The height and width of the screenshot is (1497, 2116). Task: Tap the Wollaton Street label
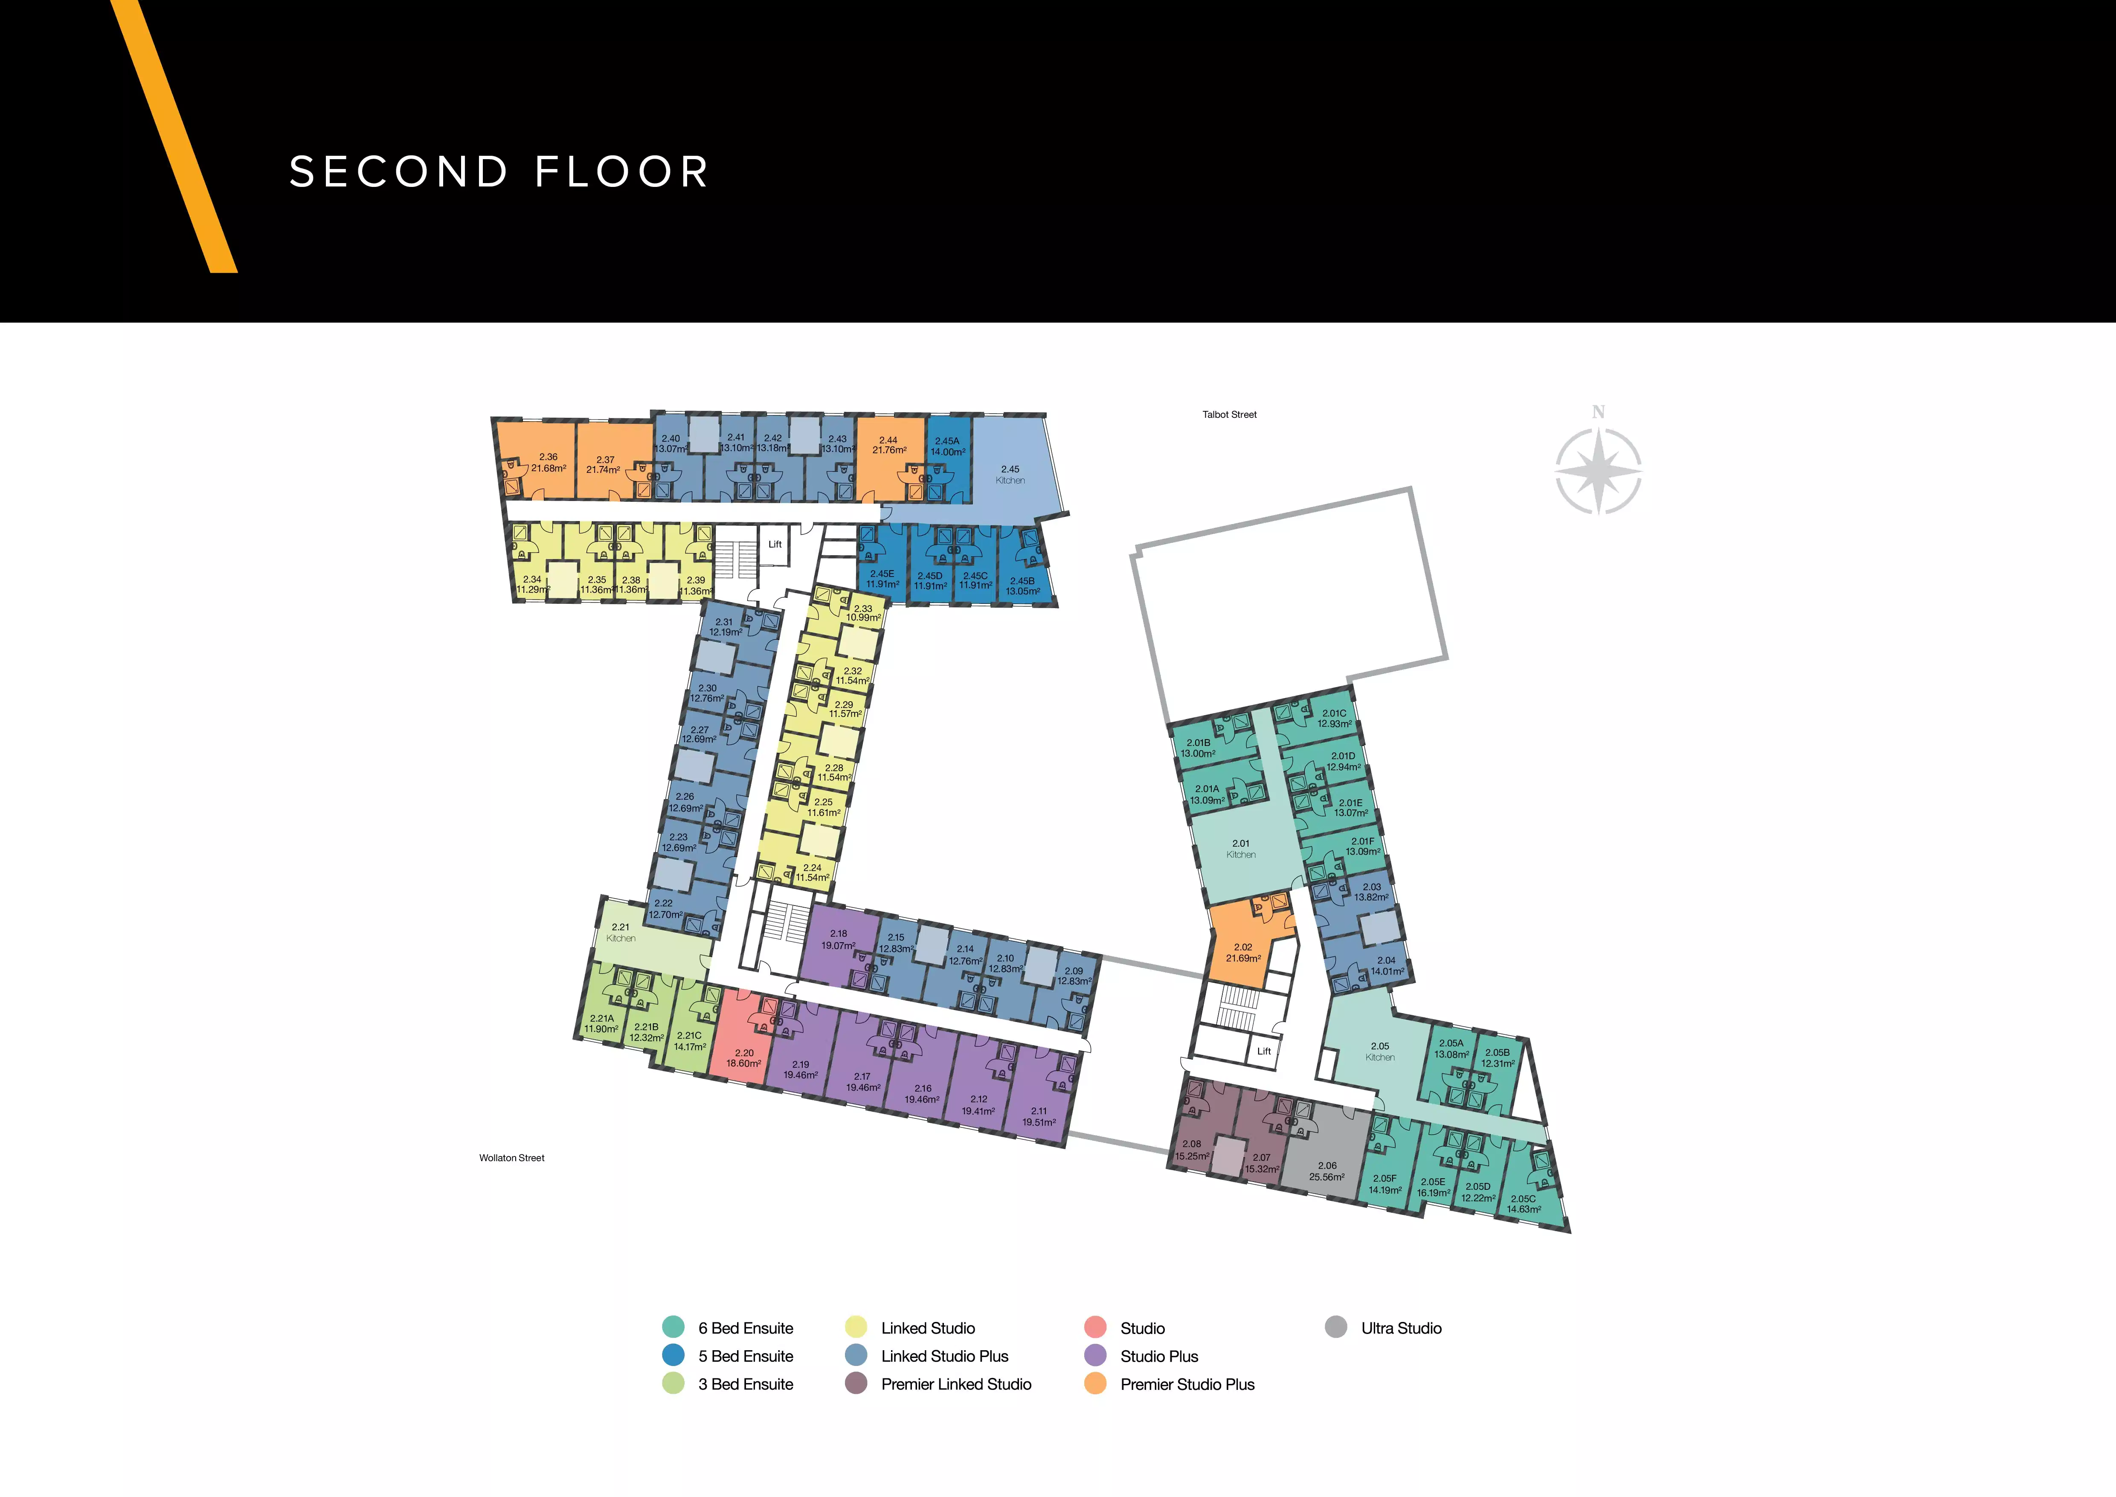(x=511, y=1158)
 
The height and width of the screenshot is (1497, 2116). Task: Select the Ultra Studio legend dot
(x=1335, y=1328)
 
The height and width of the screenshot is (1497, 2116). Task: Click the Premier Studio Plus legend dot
(x=1095, y=1383)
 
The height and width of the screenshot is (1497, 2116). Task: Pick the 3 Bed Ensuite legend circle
(x=673, y=1383)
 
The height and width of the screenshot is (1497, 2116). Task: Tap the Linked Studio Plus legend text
(x=945, y=1356)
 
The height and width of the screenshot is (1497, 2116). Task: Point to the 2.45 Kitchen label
(x=1010, y=475)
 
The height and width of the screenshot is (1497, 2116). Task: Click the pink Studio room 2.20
(x=743, y=1037)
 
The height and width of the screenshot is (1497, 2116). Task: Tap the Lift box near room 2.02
(x=1263, y=1051)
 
